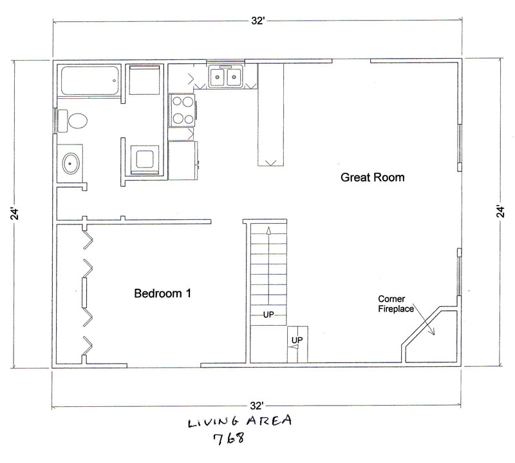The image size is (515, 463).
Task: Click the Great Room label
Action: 373,177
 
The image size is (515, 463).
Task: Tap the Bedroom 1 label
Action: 163,293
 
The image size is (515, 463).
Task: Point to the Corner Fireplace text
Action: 396,304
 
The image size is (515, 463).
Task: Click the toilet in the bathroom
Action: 73,121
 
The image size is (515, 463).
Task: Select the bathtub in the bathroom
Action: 89,81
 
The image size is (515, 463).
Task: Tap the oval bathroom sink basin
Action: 71,163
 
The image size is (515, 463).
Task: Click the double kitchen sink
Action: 225,77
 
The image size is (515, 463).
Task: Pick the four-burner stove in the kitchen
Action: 182,110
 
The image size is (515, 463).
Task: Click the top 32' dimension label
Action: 258,21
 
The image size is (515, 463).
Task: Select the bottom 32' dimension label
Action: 256,406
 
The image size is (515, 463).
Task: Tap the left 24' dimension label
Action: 15,213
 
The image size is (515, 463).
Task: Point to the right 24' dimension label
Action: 500,212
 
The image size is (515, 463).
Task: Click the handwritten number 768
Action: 229,438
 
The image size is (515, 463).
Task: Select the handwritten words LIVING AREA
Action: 239,421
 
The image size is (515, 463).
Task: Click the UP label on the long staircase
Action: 268,315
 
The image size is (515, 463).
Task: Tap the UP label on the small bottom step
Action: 297,340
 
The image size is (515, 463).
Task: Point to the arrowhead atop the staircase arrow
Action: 268,230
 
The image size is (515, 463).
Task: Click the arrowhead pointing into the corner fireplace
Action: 432,331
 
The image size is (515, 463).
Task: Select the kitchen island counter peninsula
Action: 270,115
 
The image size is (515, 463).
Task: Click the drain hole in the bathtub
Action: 115,81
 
